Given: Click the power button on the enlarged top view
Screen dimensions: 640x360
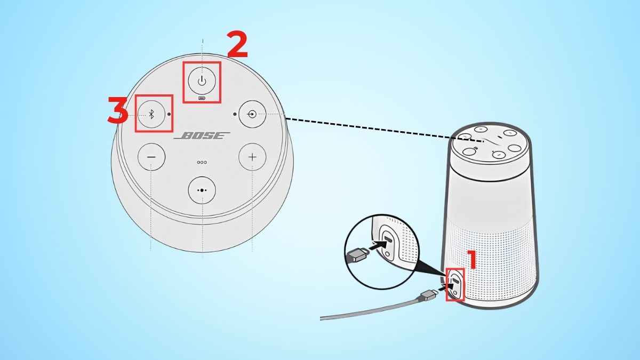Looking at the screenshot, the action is click(202, 81).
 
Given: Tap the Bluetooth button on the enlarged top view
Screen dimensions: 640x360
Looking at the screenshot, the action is click(151, 114).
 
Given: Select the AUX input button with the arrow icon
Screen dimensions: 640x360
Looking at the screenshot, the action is click(252, 114).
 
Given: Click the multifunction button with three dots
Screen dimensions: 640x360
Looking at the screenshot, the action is click(202, 190).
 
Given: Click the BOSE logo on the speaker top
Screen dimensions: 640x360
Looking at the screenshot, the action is click(202, 135).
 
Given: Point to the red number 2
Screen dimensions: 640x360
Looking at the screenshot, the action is click(237, 45).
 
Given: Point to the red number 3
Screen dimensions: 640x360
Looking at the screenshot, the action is click(117, 110).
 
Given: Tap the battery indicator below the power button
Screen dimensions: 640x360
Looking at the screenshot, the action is click(202, 99).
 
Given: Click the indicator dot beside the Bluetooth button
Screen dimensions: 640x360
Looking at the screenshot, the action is click(169, 114).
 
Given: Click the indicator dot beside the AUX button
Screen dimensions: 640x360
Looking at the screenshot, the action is click(235, 114).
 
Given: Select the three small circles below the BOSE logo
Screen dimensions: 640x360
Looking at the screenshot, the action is click(202, 162).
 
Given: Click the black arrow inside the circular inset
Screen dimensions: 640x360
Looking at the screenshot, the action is click(379, 245).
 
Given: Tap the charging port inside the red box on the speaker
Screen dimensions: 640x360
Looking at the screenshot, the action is click(455, 284).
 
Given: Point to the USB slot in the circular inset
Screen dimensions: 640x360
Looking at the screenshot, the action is click(389, 239).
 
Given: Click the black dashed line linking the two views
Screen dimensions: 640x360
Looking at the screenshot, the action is click(385, 130).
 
